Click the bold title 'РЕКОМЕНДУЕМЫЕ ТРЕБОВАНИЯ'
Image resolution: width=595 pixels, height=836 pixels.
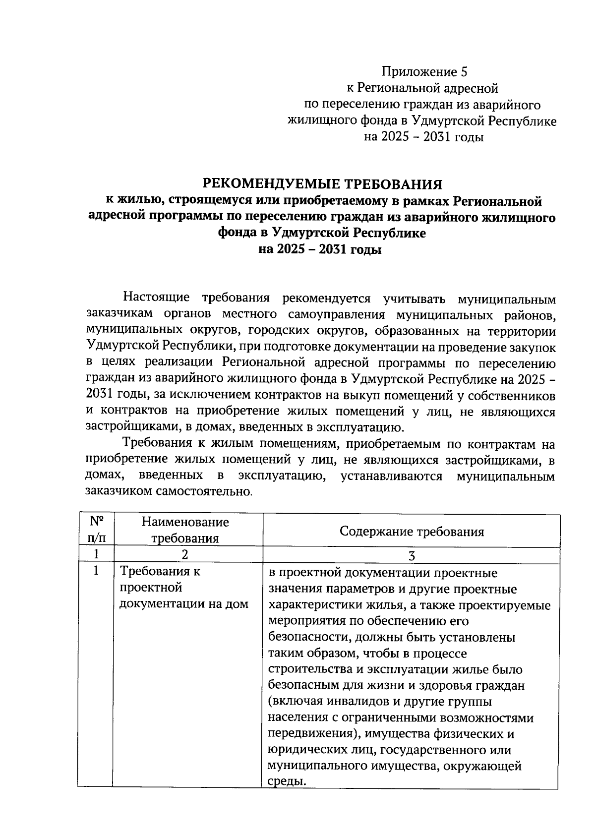click(322, 184)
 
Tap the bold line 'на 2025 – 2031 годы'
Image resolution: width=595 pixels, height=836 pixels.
click(320, 250)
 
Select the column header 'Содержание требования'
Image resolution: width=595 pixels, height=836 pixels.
click(412, 532)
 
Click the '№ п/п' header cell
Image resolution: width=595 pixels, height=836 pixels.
click(96, 530)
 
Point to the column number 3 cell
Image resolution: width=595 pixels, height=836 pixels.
click(411, 555)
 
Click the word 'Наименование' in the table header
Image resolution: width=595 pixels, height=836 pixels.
click(185, 522)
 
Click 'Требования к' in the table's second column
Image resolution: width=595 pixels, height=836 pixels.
click(160, 571)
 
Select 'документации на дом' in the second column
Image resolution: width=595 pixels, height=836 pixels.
click(184, 604)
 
